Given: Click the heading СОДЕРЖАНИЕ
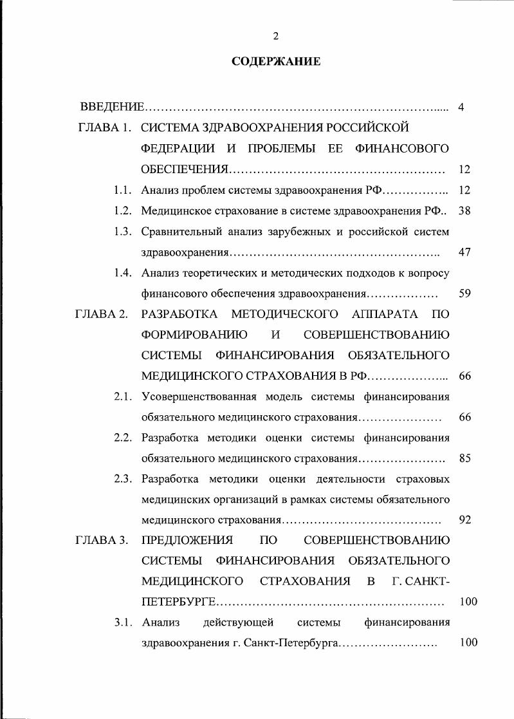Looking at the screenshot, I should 275,62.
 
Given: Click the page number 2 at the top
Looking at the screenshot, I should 275,35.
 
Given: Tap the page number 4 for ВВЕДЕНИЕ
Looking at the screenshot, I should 461,106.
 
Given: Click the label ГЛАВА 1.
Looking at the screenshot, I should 104,127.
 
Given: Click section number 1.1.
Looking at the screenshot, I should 123,190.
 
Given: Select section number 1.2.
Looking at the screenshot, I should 123,210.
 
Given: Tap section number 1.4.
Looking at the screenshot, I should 123,272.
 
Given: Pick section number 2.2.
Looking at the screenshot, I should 123,438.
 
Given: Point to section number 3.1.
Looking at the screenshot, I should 123,622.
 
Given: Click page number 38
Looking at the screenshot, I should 465,210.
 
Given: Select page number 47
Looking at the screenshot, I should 465,252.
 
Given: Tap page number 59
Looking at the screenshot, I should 465,294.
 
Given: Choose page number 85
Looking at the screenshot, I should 465,459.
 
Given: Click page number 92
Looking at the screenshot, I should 465,519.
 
